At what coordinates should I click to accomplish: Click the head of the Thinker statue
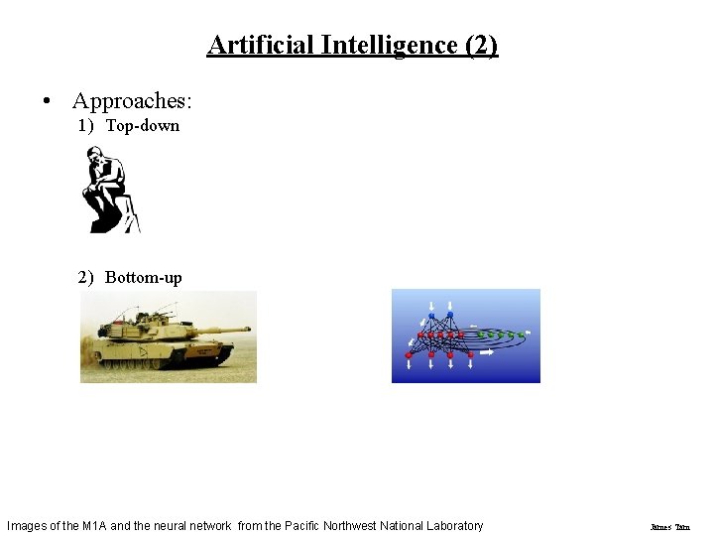[97, 156]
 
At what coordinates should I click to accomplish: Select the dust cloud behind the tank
[94, 365]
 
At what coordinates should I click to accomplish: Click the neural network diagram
[465, 335]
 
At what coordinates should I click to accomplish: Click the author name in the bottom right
[669, 527]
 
